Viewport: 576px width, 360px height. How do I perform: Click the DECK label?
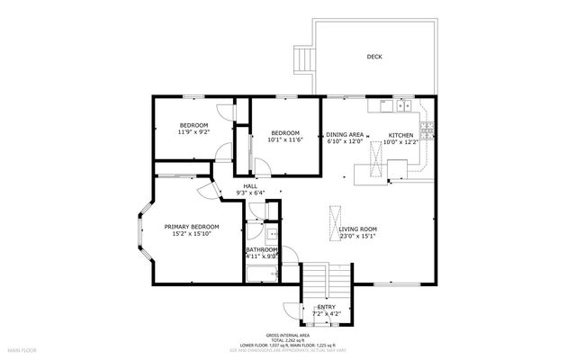coord(373,56)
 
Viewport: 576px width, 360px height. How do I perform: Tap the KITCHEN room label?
coord(400,134)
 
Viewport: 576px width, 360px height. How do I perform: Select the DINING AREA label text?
coord(345,134)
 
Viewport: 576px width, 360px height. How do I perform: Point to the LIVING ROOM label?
coord(357,229)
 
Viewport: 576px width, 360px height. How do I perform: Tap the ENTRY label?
coord(327,307)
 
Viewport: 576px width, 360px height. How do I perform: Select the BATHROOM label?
coord(262,249)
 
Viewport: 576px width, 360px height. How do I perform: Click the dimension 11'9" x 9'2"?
coord(193,132)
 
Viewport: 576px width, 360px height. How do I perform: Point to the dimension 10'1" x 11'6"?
coord(285,140)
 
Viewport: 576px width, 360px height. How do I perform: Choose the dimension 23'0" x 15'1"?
coord(357,237)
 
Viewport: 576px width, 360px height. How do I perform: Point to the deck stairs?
coord(304,60)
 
